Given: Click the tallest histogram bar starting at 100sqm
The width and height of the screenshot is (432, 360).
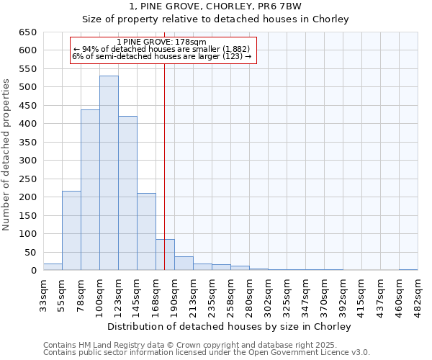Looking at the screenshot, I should [109, 173].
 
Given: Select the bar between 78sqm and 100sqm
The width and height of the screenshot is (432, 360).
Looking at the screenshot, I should [90, 190].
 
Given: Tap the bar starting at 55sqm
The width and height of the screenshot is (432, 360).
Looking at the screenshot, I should [71, 230].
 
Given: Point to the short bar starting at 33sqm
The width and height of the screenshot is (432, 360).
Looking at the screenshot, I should [53, 267].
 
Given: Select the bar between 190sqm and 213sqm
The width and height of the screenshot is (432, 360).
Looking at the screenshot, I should [184, 264].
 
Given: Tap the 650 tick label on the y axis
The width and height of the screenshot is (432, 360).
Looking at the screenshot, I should [27, 32].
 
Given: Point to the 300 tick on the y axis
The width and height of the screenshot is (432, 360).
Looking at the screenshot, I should [27, 161].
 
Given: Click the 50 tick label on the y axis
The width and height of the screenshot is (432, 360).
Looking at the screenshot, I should [30, 252].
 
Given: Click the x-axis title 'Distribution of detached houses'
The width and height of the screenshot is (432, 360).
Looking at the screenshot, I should [230, 326].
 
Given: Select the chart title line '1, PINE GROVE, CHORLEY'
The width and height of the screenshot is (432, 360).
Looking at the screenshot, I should [215, 6].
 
